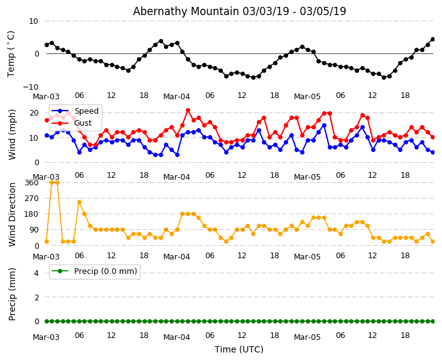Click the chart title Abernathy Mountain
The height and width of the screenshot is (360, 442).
click(239, 11)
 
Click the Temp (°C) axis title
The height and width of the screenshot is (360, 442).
click(11, 53)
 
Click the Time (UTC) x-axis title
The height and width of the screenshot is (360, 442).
click(239, 349)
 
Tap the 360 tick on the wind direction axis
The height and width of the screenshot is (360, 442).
click(31, 182)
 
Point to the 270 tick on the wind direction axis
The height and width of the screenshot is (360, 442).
click(31, 199)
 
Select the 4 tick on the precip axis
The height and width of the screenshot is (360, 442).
click(36, 273)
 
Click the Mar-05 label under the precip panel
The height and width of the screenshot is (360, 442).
click(307, 337)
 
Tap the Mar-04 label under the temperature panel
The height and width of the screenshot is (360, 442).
click(176, 97)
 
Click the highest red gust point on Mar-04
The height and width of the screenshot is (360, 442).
click(188, 111)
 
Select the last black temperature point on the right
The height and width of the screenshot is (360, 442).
click(433, 39)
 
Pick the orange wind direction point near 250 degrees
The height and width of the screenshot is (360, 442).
click(79, 202)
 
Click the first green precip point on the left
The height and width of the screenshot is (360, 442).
click(46, 321)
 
